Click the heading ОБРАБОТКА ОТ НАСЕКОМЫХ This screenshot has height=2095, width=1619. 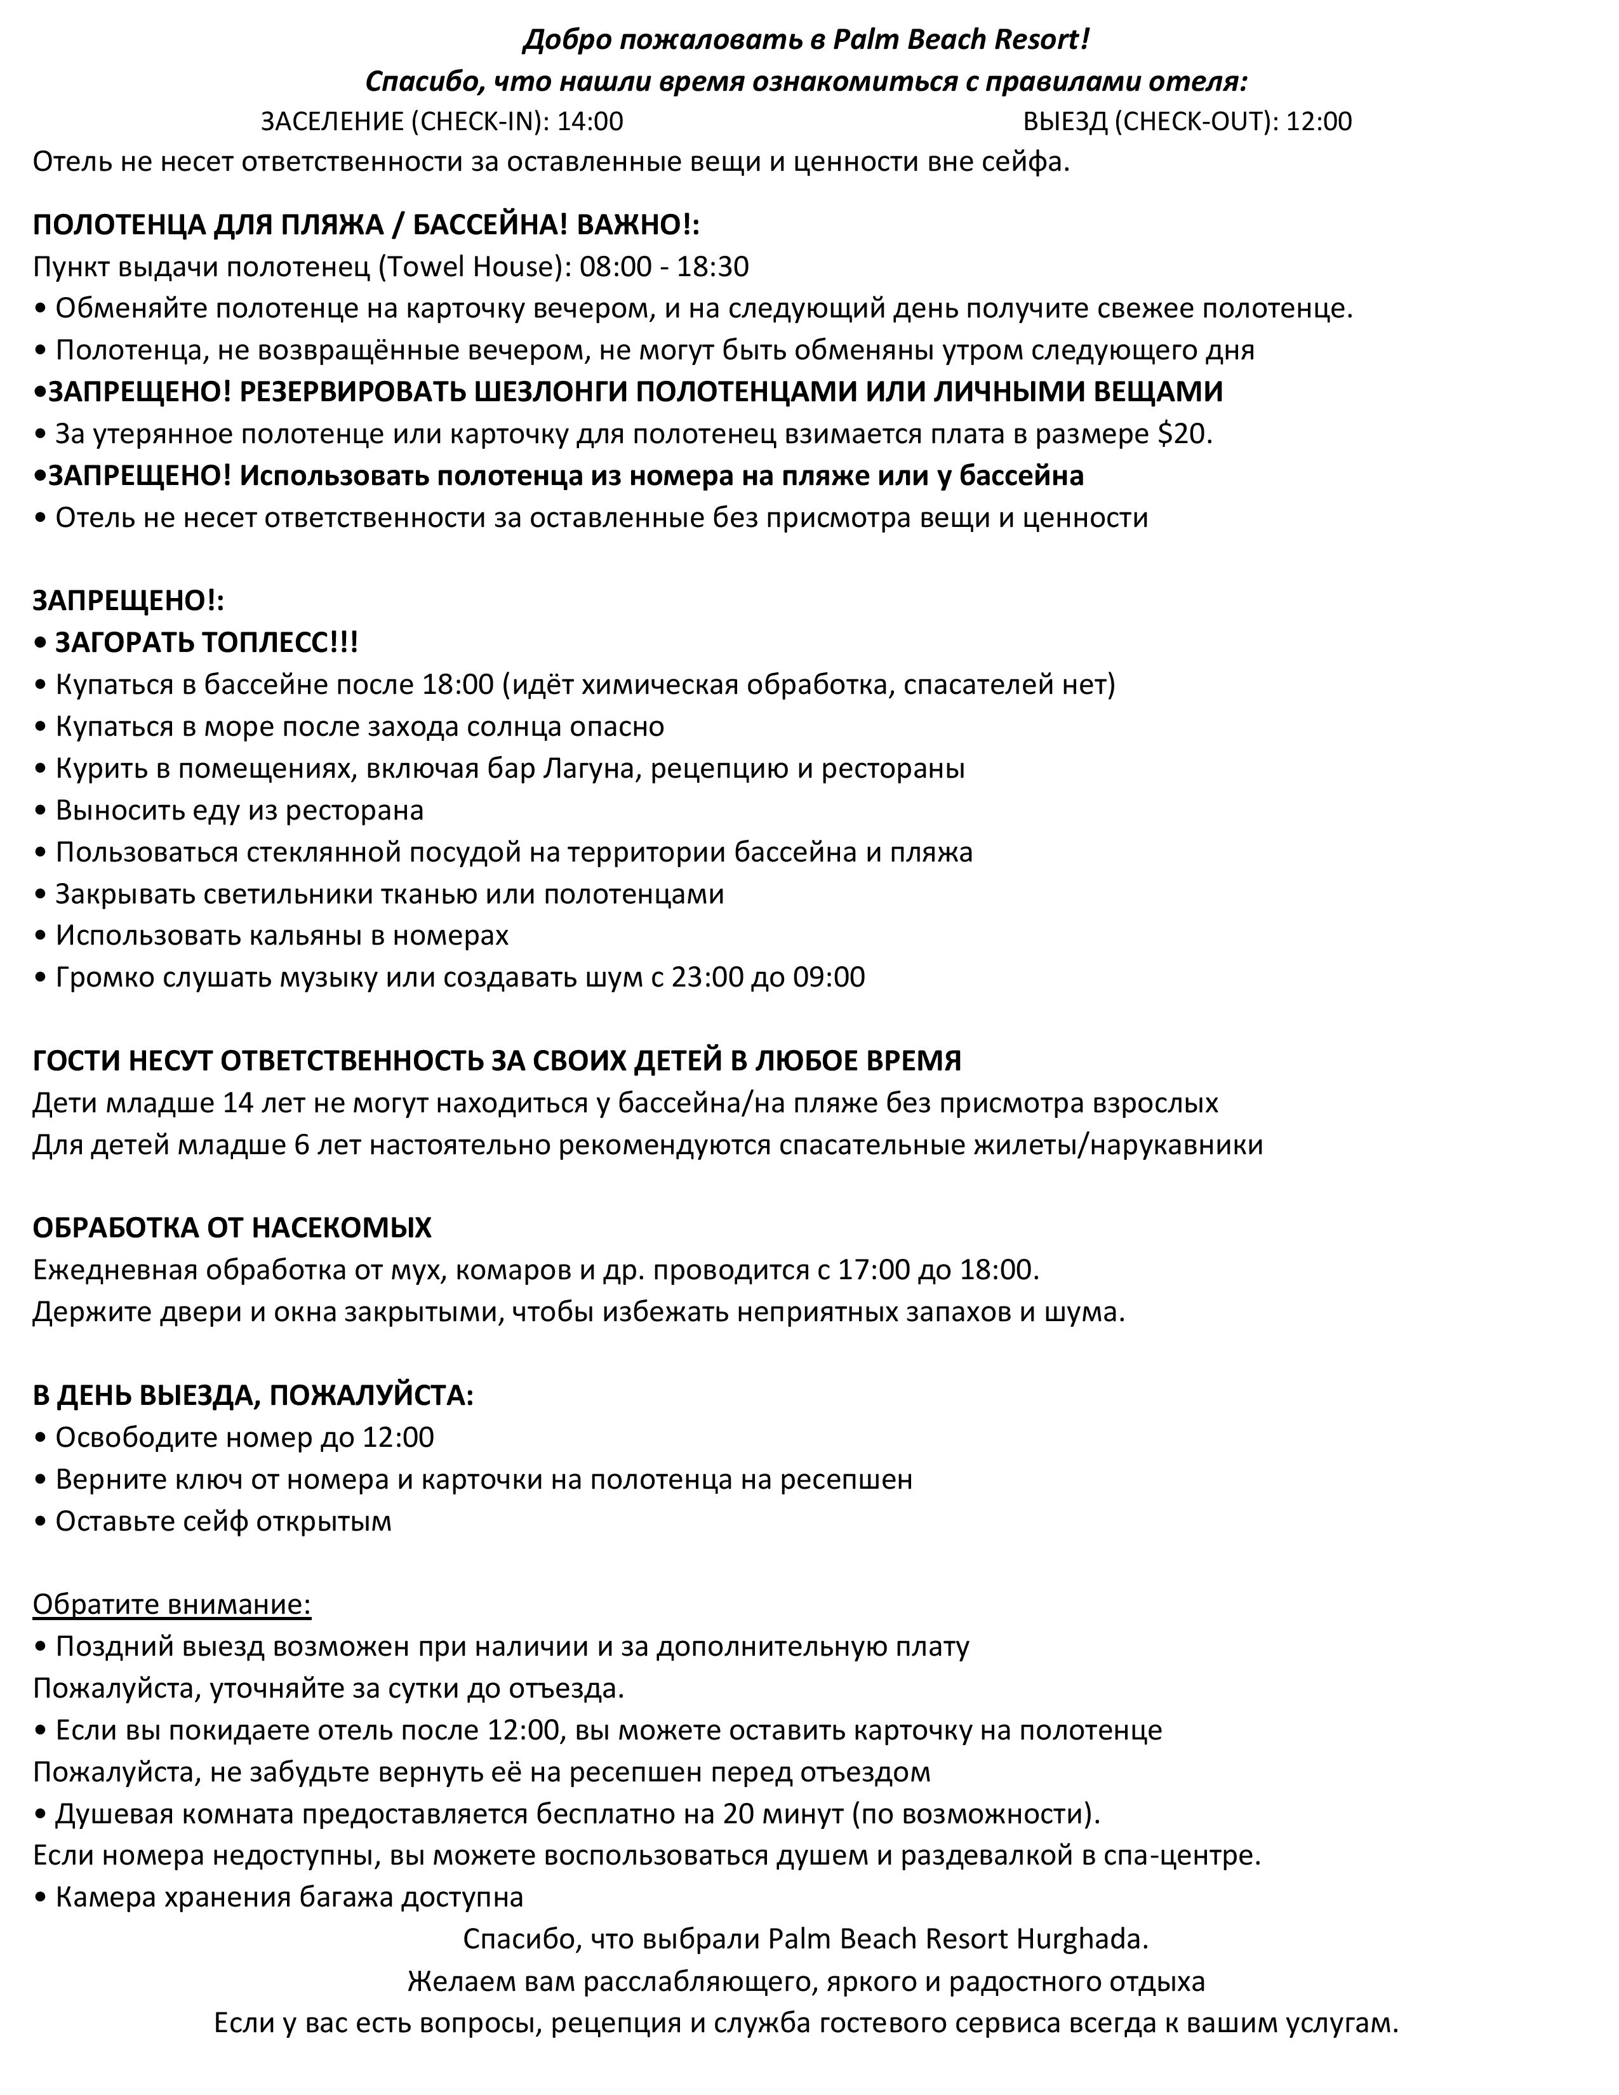(232, 1228)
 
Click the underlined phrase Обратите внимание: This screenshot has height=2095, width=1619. (171, 1605)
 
